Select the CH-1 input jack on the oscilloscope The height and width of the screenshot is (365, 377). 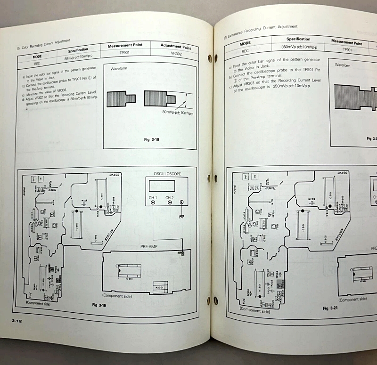tap(154, 203)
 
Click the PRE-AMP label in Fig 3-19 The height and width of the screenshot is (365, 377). tap(150, 246)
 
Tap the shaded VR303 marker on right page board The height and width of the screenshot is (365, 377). tap(281, 284)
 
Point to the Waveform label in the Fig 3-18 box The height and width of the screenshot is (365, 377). tap(118, 69)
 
